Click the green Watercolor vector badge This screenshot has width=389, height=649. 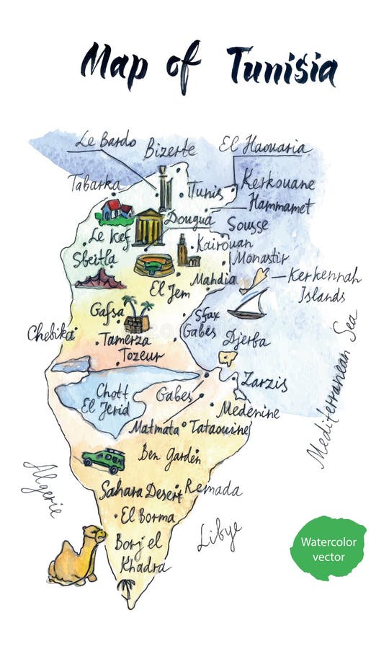[x=328, y=548]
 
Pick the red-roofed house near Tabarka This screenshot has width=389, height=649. [x=116, y=211]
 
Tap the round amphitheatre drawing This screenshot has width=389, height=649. [x=153, y=265]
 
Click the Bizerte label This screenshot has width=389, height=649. [x=170, y=150]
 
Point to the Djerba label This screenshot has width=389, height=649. [x=246, y=339]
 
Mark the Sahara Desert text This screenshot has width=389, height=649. [x=140, y=490]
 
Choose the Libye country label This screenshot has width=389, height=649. [x=219, y=535]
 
